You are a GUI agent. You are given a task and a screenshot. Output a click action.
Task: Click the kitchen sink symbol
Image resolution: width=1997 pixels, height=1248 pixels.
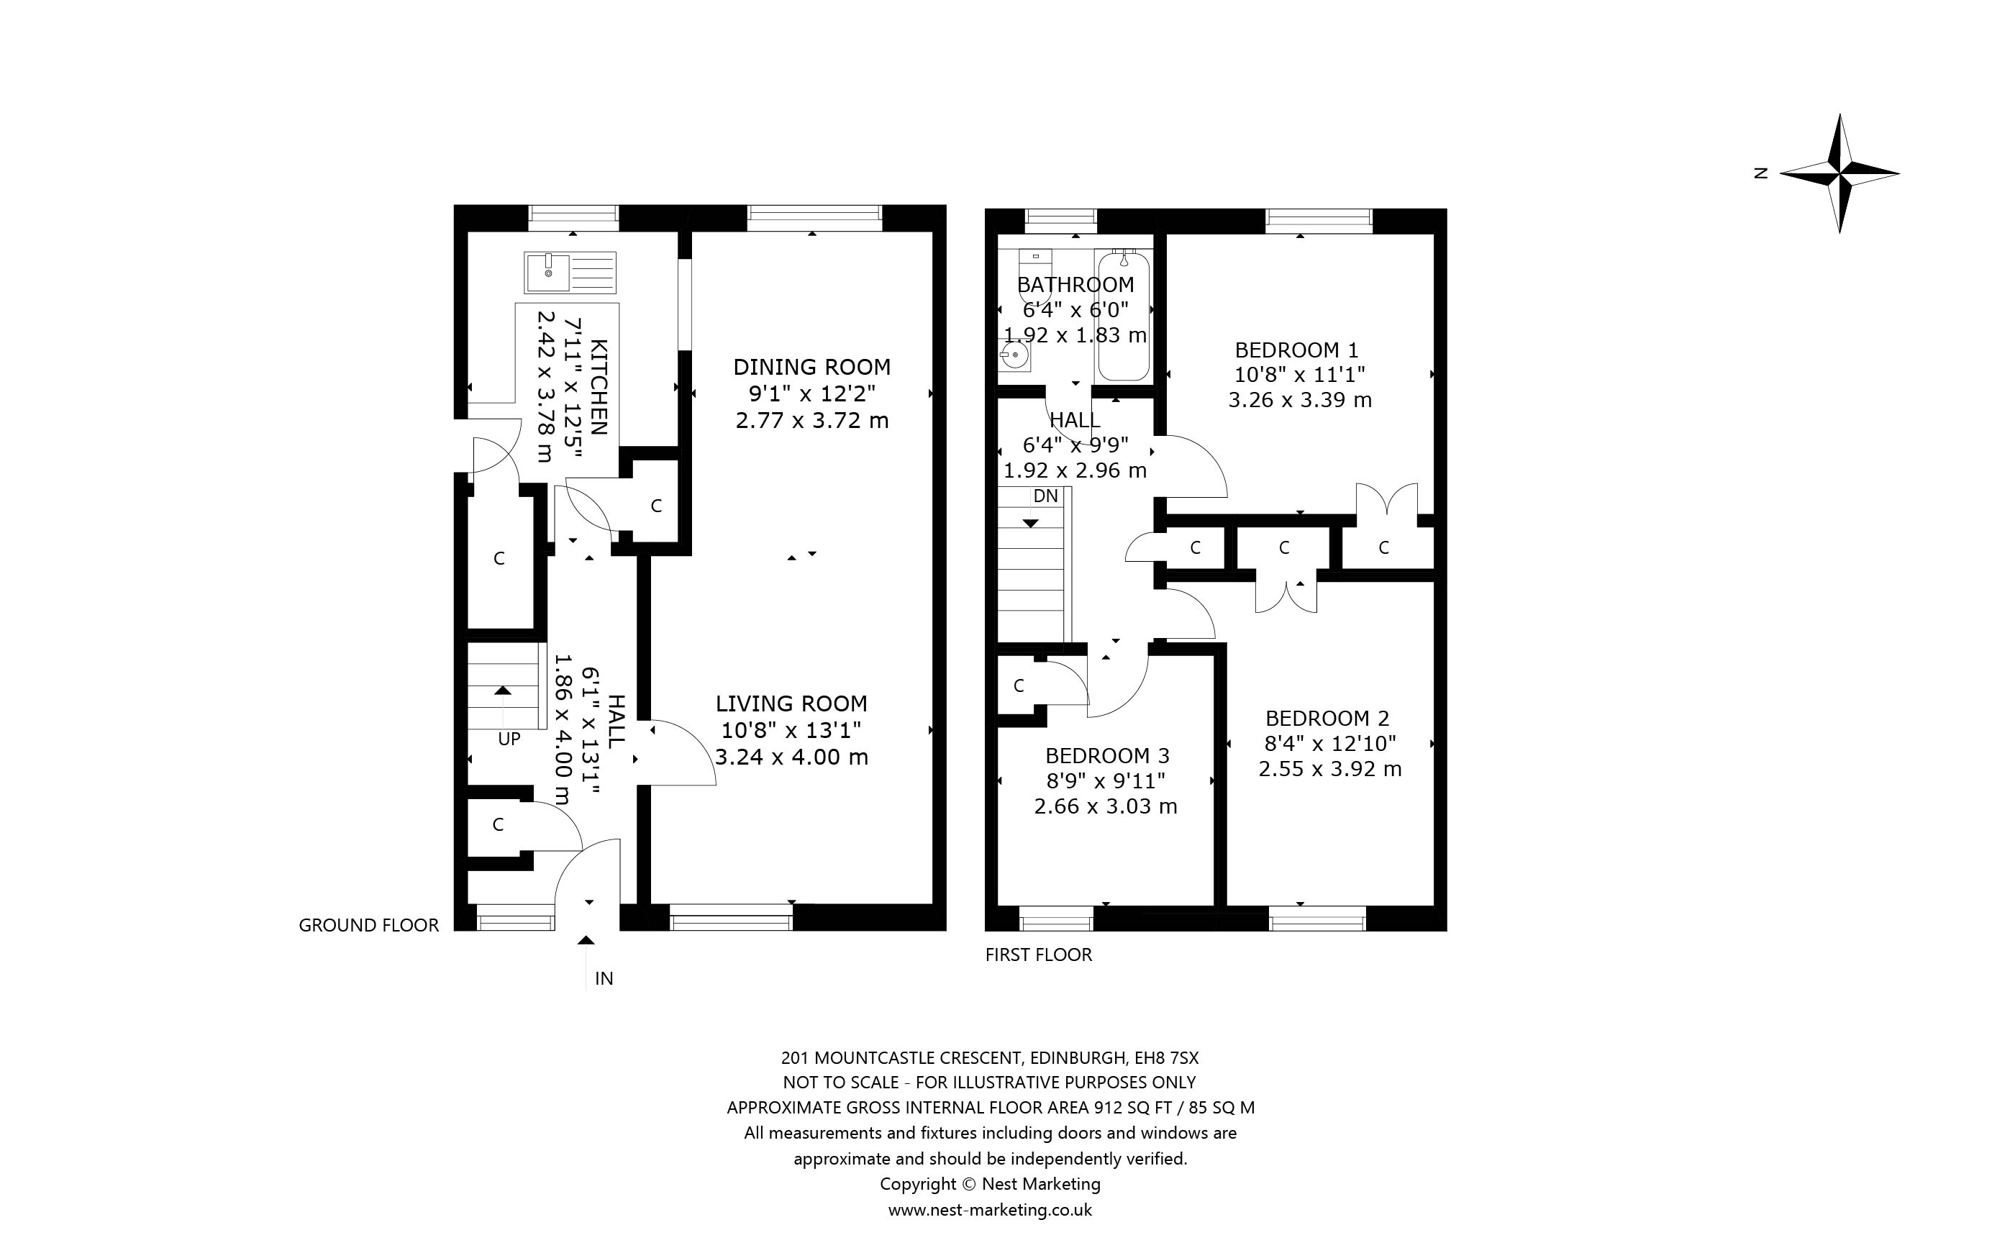(x=570, y=273)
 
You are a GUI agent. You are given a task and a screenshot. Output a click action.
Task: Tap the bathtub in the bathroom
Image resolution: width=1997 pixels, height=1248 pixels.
(x=1123, y=317)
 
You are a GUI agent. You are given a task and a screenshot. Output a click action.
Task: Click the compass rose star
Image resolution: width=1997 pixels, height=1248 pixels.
(x=1839, y=173)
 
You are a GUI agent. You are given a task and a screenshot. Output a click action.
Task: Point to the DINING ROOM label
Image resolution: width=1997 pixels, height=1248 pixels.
(x=812, y=366)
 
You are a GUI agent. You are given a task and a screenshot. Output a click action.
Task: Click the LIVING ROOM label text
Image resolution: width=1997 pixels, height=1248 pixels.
(x=791, y=703)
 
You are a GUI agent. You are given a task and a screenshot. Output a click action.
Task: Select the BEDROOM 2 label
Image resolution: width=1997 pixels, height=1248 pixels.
(x=1328, y=718)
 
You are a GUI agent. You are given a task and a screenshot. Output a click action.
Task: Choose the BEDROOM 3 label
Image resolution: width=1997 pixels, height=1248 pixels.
(x=1107, y=755)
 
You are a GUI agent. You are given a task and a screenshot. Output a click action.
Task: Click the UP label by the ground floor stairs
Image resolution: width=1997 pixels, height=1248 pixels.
(x=509, y=739)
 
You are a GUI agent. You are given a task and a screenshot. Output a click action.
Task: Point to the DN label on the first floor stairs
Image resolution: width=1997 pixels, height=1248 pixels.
(x=1045, y=496)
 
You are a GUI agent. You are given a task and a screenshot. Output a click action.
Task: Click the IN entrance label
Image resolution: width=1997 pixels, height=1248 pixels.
(x=604, y=978)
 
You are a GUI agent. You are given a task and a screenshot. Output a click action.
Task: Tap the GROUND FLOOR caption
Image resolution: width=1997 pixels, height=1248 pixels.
(x=369, y=925)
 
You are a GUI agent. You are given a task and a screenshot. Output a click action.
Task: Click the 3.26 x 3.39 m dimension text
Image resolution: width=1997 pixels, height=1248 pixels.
(x=1300, y=401)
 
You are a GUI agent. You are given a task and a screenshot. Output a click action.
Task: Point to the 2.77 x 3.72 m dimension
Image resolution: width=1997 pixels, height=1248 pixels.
(x=812, y=421)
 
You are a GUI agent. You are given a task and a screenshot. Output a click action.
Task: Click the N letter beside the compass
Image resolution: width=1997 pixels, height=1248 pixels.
(x=1760, y=173)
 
